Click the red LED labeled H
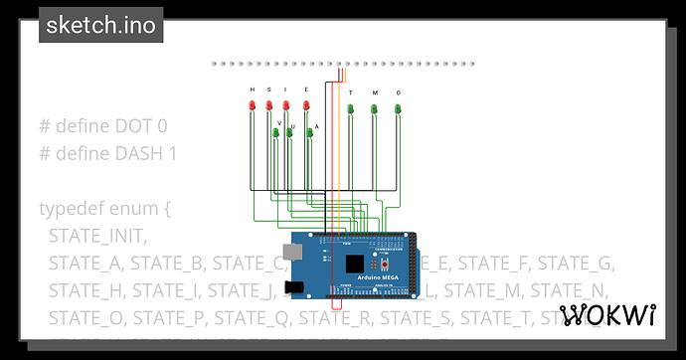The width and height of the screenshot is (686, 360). (253, 104)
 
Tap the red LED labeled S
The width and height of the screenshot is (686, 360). (268, 104)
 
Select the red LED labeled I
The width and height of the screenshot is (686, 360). (285, 104)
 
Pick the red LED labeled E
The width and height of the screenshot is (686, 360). (307, 104)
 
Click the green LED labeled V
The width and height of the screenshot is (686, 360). (275, 131)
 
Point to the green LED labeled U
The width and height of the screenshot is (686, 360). (289, 131)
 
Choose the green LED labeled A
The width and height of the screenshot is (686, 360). (310, 131)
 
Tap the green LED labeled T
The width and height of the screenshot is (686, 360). (351, 107)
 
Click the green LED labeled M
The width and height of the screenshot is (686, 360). (375, 107)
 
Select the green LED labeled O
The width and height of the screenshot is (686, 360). (398, 107)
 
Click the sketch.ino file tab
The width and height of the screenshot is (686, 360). (102, 25)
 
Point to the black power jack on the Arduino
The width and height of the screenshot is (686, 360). (291, 289)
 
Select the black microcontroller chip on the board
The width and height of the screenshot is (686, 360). (355, 265)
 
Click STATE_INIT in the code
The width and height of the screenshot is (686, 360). (96, 237)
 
